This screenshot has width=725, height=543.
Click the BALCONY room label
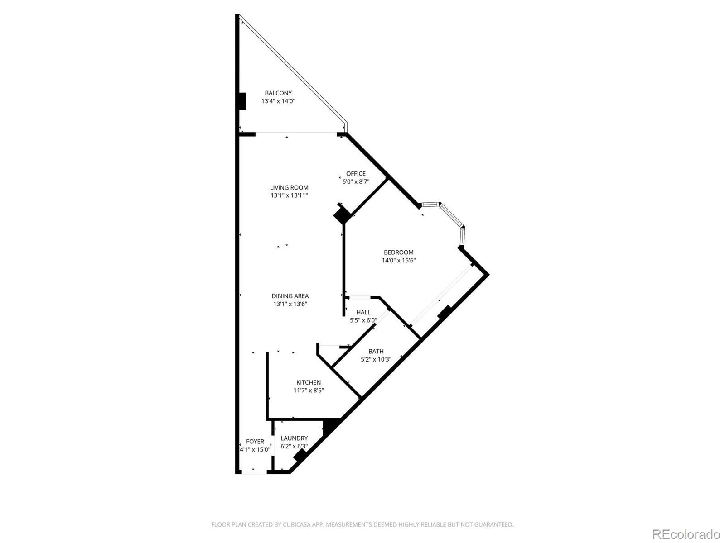[278, 93]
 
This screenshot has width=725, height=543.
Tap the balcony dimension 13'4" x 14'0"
[278, 101]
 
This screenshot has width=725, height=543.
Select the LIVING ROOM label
[289, 187]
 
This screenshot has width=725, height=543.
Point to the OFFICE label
[356, 174]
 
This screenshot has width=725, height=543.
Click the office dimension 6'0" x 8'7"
[356, 181]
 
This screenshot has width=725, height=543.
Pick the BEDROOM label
[399, 252]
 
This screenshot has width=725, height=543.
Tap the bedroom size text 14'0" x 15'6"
[399, 260]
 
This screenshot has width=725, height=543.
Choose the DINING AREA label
[290, 296]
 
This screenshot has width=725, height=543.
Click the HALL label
[363, 312]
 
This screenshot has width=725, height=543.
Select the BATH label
[376, 351]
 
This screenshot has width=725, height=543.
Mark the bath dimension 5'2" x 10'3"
[376, 359]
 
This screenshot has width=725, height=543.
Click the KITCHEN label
[309, 382]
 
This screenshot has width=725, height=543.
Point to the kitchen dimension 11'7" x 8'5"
[309, 391]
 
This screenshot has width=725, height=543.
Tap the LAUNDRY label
[294, 438]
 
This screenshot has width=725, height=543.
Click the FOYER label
[255, 441]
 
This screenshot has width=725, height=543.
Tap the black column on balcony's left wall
[242, 101]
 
